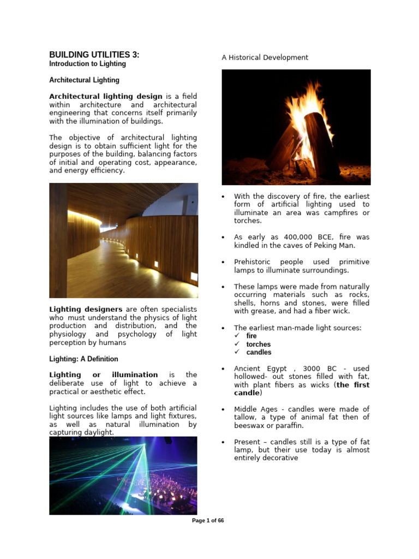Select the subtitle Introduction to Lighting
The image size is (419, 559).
87,64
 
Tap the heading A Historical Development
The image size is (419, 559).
265,57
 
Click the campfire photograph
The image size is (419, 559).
296,127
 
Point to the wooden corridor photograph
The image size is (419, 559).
123,240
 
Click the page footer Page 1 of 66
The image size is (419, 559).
208,521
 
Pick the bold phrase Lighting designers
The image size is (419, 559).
86,310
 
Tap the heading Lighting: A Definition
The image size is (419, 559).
83,359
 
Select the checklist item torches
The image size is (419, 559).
258,344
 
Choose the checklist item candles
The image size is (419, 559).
259,353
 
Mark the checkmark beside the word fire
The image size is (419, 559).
237,336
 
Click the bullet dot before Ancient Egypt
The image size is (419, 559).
224,369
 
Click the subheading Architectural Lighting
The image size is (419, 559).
84,80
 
